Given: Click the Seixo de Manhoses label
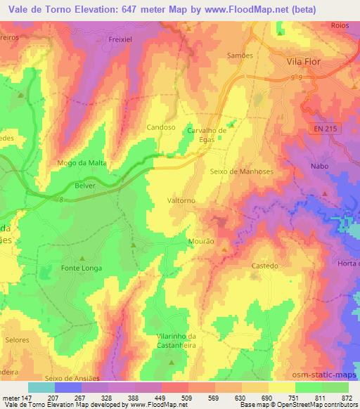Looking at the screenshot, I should point(241,171).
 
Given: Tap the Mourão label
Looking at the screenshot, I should point(201,241).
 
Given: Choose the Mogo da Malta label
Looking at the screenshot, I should point(81,163).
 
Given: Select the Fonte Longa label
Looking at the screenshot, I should point(82,268).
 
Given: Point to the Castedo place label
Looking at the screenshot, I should point(265,266).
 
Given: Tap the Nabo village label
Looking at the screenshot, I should point(319,167).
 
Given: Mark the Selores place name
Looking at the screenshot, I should point(17,340).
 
